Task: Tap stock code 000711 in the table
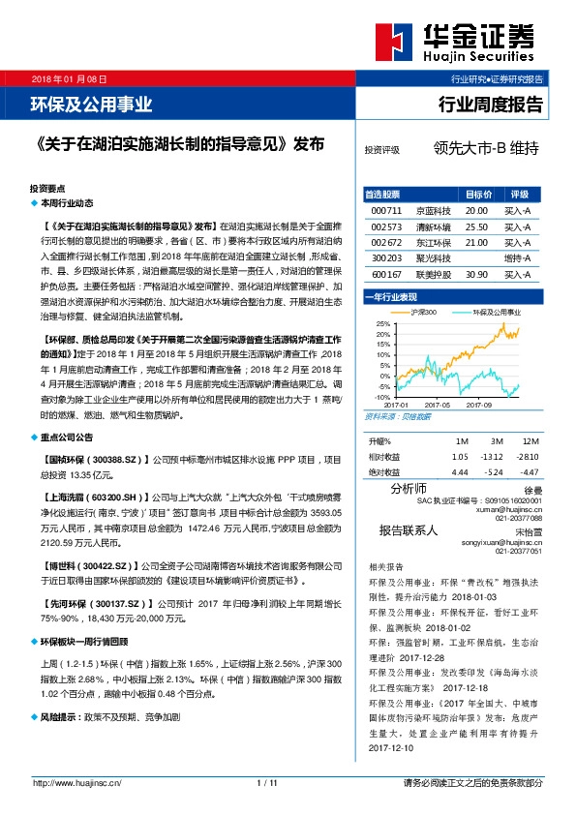[385, 210]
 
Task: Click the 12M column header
[529, 440]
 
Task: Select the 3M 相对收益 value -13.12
[495, 457]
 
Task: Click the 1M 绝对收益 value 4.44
[460, 472]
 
